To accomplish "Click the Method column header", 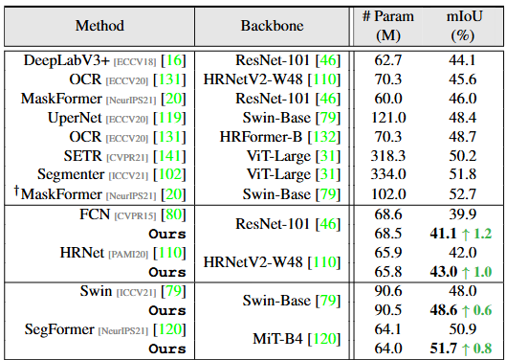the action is pyautogui.click(x=99, y=26).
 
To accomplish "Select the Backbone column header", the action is pyautogui.click(x=272, y=26).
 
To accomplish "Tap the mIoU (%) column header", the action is pyautogui.click(x=464, y=26).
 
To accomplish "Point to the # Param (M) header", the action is pyautogui.click(x=388, y=26).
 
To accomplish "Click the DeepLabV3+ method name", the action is pyautogui.click(x=67, y=60).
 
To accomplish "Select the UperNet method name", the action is pyautogui.click(x=75, y=118).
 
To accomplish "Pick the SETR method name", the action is pyautogui.click(x=82, y=156).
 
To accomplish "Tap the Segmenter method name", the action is pyautogui.click(x=71, y=175).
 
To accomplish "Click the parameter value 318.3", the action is pyautogui.click(x=388, y=156).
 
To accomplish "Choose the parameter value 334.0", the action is pyautogui.click(x=388, y=174).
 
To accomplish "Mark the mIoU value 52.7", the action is pyautogui.click(x=462, y=194).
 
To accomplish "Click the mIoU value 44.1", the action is pyautogui.click(x=462, y=60).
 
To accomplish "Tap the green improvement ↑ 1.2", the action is pyautogui.click(x=476, y=234).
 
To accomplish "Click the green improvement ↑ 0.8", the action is pyautogui.click(x=476, y=349).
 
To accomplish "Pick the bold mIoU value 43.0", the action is pyautogui.click(x=444, y=272).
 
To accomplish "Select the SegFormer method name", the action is pyautogui.click(x=59, y=329).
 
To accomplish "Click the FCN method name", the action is pyautogui.click(x=95, y=214).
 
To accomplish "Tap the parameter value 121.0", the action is pyautogui.click(x=388, y=118).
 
